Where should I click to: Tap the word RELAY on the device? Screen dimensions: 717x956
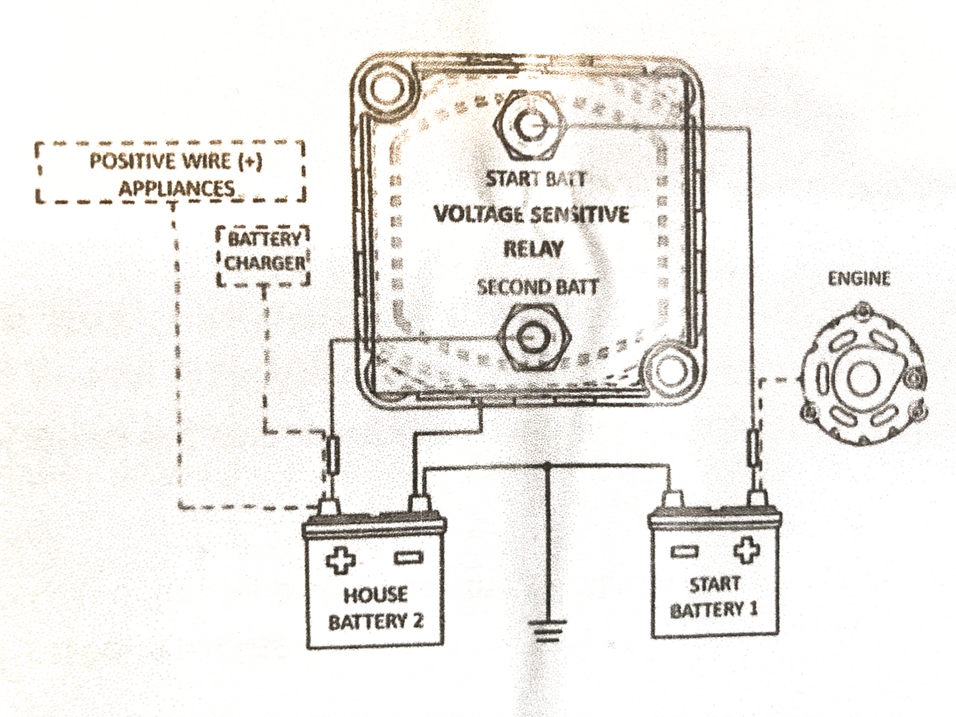(x=533, y=249)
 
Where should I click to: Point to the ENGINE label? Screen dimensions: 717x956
(x=859, y=278)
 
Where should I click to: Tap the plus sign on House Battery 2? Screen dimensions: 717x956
(x=341, y=560)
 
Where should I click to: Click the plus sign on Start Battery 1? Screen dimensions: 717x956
(x=746, y=550)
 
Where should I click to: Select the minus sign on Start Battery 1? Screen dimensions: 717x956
(x=683, y=551)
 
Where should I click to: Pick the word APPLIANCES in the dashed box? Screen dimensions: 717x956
(x=176, y=189)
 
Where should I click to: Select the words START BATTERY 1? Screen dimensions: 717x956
(x=714, y=597)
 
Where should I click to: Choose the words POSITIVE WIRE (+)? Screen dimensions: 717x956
(x=177, y=161)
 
